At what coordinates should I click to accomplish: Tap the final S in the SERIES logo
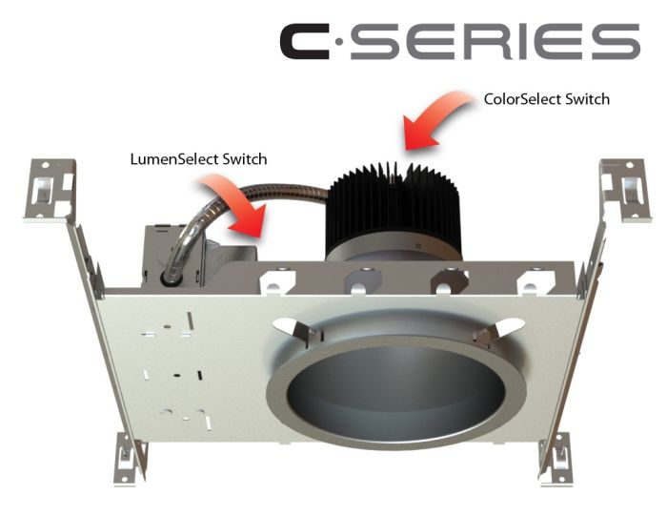pyautogui.click(x=617, y=43)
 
